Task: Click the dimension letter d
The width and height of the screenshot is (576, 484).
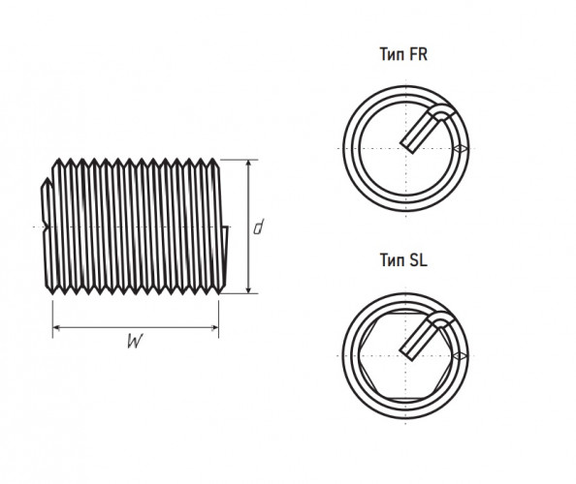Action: pyautogui.click(x=259, y=227)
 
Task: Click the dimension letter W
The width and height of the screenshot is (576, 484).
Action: pyautogui.click(x=135, y=342)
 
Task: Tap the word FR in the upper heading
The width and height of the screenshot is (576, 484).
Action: pyautogui.click(x=418, y=54)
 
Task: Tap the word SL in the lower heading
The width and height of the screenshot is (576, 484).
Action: pyautogui.click(x=418, y=260)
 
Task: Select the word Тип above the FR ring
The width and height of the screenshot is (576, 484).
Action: pyautogui.click(x=393, y=54)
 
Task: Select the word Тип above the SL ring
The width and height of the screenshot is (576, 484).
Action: pyautogui.click(x=393, y=260)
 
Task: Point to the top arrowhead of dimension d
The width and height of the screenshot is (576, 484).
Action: pyautogui.click(x=248, y=164)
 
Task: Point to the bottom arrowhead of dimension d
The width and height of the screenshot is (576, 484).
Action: pyautogui.click(x=248, y=288)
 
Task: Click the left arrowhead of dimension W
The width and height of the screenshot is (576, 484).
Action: pyautogui.click(x=57, y=327)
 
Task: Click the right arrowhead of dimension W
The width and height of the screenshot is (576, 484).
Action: pyautogui.click(x=214, y=327)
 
